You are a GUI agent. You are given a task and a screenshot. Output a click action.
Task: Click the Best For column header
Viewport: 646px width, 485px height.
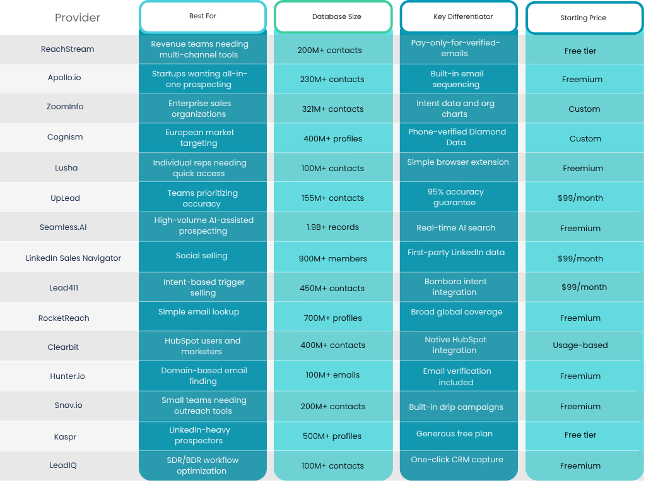click(x=203, y=16)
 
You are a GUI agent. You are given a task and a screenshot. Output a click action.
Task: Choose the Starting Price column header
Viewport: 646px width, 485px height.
click(x=583, y=18)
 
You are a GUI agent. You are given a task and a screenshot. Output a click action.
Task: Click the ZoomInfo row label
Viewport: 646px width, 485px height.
click(x=65, y=107)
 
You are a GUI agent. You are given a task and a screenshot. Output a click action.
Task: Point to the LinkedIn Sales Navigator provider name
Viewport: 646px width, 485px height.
click(x=73, y=258)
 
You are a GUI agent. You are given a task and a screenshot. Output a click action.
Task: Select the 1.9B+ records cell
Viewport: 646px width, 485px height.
click(x=332, y=227)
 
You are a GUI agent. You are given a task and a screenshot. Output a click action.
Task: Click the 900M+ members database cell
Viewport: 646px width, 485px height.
click(x=332, y=258)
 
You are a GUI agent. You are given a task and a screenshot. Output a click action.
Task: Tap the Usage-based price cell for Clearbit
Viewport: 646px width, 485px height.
click(x=580, y=345)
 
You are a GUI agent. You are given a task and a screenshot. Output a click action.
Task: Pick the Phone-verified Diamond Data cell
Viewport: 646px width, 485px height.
click(x=457, y=137)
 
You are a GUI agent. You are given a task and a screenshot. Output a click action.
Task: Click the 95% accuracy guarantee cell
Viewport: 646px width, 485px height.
click(x=455, y=197)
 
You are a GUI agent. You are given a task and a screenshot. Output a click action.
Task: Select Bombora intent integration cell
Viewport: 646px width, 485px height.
click(x=455, y=287)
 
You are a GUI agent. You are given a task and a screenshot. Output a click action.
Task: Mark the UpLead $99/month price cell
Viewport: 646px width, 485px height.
click(x=580, y=198)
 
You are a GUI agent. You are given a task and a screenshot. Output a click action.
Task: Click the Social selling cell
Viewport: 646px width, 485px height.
click(x=201, y=256)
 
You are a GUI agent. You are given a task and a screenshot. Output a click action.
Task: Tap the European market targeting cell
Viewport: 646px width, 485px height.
click(x=199, y=138)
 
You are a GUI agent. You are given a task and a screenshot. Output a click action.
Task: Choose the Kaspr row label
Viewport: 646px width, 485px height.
click(x=65, y=436)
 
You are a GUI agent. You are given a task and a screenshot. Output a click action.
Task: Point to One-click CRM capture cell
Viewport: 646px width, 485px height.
click(x=457, y=460)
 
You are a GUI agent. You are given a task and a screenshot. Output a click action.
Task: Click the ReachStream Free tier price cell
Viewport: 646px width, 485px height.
click(x=580, y=51)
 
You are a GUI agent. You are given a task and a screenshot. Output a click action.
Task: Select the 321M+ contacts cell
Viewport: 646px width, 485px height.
click(x=332, y=109)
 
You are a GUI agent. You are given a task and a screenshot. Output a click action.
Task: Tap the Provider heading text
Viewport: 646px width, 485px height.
click(x=77, y=18)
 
